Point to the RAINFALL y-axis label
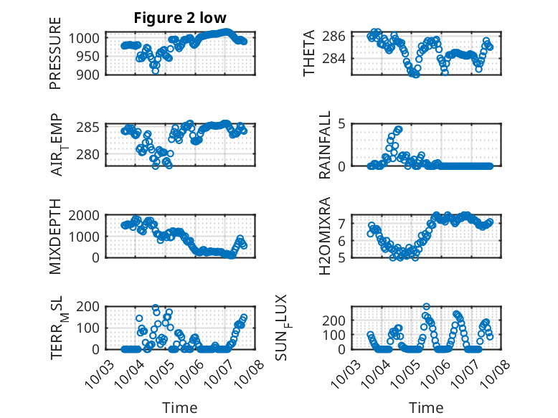point(325,144)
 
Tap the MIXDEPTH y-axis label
point(56,236)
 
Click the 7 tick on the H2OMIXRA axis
point(343,223)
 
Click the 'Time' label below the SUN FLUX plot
point(426,408)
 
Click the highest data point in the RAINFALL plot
point(399,129)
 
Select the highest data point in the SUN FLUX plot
point(427,306)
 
